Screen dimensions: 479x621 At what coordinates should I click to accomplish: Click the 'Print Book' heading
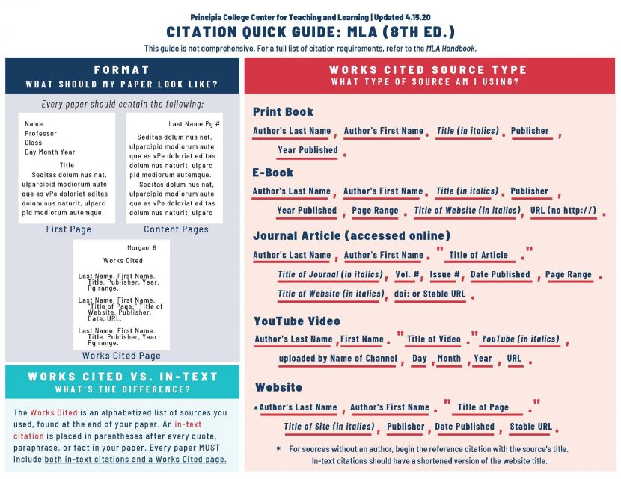(283, 112)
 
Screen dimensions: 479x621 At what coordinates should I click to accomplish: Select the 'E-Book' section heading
(273, 173)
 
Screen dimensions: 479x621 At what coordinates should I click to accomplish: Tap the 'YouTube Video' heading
(297, 321)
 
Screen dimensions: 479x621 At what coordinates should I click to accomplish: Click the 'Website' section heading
(278, 388)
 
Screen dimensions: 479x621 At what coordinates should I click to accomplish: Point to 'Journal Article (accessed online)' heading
(352, 236)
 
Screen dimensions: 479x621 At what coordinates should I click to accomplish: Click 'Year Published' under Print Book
(308, 150)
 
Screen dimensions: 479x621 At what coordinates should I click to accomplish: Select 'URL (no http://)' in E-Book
(564, 211)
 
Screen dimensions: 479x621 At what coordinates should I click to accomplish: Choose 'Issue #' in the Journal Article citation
(444, 275)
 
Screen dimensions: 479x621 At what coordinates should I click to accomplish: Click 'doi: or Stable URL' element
(429, 294)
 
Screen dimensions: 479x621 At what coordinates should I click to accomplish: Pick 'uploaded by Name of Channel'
(337, 359)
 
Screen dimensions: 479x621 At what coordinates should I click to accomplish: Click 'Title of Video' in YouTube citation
(434, 339)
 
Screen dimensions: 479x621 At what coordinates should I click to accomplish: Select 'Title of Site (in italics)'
(328, 427)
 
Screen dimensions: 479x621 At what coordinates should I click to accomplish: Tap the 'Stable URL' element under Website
(530, 427)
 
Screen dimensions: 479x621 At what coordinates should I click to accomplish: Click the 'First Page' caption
(68, 229)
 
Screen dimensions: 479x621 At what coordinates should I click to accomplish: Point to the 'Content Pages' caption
(176, 229)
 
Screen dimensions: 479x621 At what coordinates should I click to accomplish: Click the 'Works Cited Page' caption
(121, 356)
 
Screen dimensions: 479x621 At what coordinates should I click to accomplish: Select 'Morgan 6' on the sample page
(142, 247)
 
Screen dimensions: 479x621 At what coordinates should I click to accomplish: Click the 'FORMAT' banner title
(122, 69)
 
